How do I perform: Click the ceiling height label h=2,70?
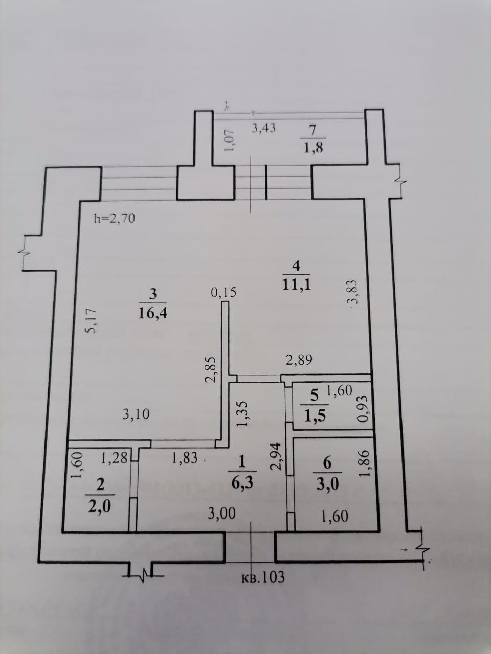click(115, 219)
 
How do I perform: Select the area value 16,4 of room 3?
click(152, 313)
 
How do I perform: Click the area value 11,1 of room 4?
click(296, 284)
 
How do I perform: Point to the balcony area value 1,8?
click(313, 148)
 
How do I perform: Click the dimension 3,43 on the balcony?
click(263, 129)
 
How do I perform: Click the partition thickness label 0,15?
click(224, 292)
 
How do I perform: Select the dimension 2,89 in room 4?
click(299, 360)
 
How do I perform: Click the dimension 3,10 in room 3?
click(136, 414)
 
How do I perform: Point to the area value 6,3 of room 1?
click(242, 483)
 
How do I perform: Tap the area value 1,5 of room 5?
click(315, 415)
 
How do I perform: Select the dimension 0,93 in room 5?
click(363, 409)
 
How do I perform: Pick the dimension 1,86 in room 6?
click(365, 463)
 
